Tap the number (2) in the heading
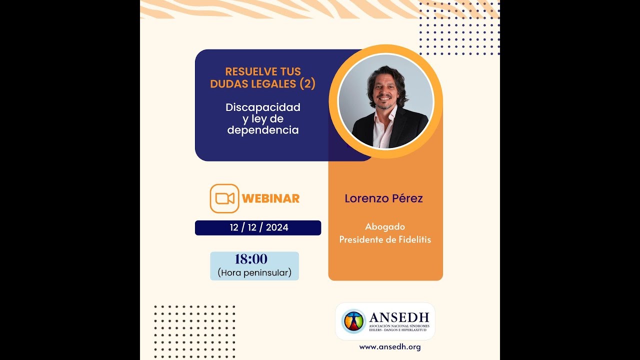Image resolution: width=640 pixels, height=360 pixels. pyautogui.click(x=307, y=84)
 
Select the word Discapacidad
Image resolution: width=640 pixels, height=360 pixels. pyautogui.click(x=263, y=107)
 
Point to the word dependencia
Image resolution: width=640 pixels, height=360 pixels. pyautogui.click(x=263, y=130)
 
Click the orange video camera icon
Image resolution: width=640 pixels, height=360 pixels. pyautogui.click(x=224, y=198)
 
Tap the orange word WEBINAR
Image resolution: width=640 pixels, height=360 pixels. pyautogui.click(x=270, y=198)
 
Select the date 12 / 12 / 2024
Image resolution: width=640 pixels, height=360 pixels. pyautogui.click(x=259, y=227)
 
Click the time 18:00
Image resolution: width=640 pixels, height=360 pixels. pyautogui.click(x=251, y=259)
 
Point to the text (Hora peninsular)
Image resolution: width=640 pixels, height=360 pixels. pyautogui.click(x=254, y=273)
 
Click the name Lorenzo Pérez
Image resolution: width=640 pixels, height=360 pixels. pyautogui.click(x=383, y=198)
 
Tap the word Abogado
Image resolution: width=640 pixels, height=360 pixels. pyautogui.click(x=385, y=227)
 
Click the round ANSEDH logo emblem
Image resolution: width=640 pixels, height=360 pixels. pyautogui.click(x=353, y=321)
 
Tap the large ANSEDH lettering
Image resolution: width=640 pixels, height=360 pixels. pyautogui.click(x=399, y=317)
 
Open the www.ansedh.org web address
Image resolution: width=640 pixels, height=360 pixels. pyautogui.click(x=390, y=346)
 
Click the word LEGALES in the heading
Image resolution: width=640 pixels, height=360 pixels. pyautogui.click(x=274, y=84)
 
